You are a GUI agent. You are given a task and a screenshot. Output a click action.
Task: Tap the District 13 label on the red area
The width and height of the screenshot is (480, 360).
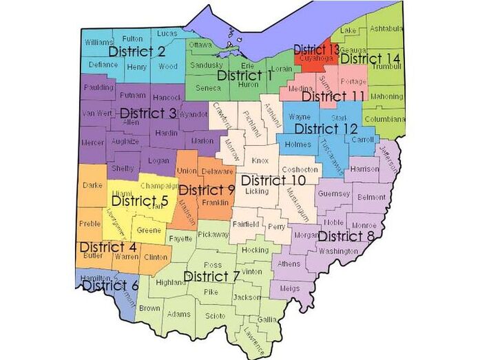[x=316, y=50]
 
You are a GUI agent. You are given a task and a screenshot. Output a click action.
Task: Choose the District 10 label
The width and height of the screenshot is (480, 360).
[x=273, y=180]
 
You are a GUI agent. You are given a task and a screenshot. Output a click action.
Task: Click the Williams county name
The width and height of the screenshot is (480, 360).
[x=99, y=42]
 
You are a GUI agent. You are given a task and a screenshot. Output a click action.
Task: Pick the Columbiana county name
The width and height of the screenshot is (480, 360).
[x=384, y=118]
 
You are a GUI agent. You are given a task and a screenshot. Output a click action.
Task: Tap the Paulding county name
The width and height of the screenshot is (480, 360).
[x=99, y=88]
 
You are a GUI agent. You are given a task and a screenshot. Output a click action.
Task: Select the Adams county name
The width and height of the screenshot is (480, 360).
[x=179, y=314]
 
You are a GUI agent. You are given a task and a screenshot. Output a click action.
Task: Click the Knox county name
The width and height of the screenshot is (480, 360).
[x=260, y=160]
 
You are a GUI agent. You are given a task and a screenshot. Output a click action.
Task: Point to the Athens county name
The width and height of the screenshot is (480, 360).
[x=289, y=263]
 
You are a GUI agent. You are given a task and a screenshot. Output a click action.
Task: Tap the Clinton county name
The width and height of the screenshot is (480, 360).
[x=156, y=257]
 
